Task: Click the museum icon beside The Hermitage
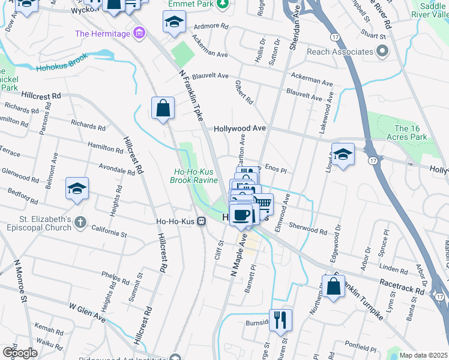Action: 140,33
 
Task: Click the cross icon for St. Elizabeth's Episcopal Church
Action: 80,223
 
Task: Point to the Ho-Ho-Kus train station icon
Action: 202,220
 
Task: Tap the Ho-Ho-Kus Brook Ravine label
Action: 193,175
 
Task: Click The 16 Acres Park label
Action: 411,133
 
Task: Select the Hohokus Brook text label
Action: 61,63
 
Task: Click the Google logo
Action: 20,352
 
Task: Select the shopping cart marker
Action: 262,205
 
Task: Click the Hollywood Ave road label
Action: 240,129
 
